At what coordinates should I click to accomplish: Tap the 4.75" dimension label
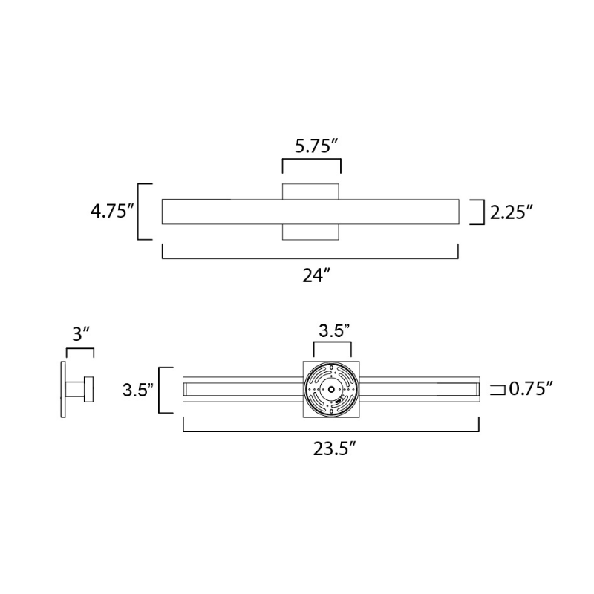112,211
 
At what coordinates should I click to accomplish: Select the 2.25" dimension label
512,212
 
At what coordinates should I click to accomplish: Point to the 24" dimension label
317,275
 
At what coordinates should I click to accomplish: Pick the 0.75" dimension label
531,388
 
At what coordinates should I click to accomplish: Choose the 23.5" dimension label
334,449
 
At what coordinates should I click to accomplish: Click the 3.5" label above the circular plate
333,330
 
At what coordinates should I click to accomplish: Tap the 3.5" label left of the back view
138,391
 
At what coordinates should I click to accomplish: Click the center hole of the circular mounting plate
331,389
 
